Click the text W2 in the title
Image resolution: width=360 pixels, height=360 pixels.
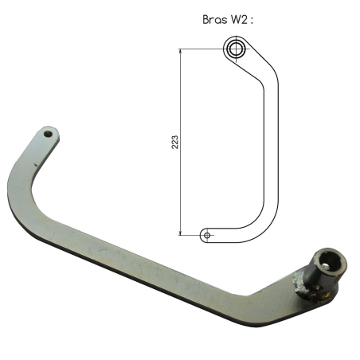pyautogui.click(x=240, y=20)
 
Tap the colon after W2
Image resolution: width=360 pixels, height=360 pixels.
pyautogui.click(x=252, y=21)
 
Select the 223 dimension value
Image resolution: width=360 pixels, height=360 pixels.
pyautogui.click(x=175, y=142)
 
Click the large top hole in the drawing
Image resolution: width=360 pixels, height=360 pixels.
pyautogui.click(x=236, y=49)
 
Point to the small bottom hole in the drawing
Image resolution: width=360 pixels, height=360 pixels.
pyautogui.click(x=207, y=236)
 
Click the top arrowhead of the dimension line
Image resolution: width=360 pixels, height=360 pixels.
pyautogui.click(x=181, y=52)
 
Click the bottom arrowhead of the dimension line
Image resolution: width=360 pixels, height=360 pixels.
pyautogui.click(x=181, y=233)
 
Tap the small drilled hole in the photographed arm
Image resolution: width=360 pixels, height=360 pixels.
pyautogui.click(x=48, y=134)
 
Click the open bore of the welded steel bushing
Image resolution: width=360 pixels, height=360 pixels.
pyautogui.click(x=329, y=261)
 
